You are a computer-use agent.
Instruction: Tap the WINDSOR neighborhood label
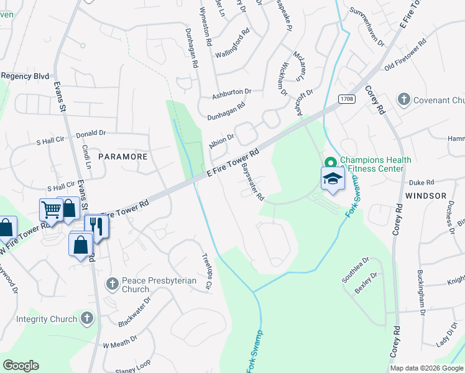tap(426, 195)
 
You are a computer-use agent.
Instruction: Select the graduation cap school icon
tap(333, 178)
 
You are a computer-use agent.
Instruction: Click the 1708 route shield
tap(346, 99)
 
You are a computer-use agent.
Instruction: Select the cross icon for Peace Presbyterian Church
tap(113, 283)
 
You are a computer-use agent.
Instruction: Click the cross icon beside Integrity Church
tap(86, 319)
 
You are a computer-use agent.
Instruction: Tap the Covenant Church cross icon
tap(404, 99)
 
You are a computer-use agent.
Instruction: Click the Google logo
tap(21, 365)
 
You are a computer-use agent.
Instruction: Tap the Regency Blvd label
tap(24, 76)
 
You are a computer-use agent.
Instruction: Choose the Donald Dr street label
tap(91, 133)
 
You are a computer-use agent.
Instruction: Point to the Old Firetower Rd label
tap(405, 55)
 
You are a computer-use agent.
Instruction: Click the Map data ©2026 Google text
tap(426, 368)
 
